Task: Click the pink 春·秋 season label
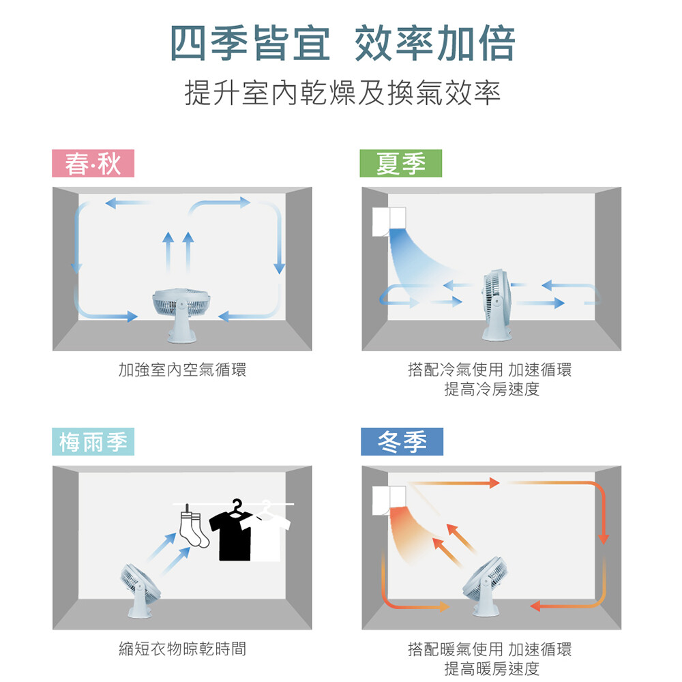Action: [x=93, y=163]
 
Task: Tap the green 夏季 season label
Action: [x=400, y=163]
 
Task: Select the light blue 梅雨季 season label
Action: [x=93, y=441]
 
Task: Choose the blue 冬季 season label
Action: [x=402, y=441]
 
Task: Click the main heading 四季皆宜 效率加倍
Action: [x=342, y=44]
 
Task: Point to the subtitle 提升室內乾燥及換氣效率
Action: [x=342, y=93]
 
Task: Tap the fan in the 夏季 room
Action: [x=496, y=304]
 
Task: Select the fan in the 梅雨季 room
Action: [x=139, y=590]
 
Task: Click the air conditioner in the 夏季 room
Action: [x=389, y=222]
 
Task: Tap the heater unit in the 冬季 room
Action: [x=389, y=500]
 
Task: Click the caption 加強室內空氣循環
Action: [x=182, y=370]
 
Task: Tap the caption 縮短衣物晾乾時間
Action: [x=182, y=649]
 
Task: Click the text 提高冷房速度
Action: [x=492, y=389]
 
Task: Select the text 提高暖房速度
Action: [x=492, y=668]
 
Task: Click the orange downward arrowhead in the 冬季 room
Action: [x=604, y=539]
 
